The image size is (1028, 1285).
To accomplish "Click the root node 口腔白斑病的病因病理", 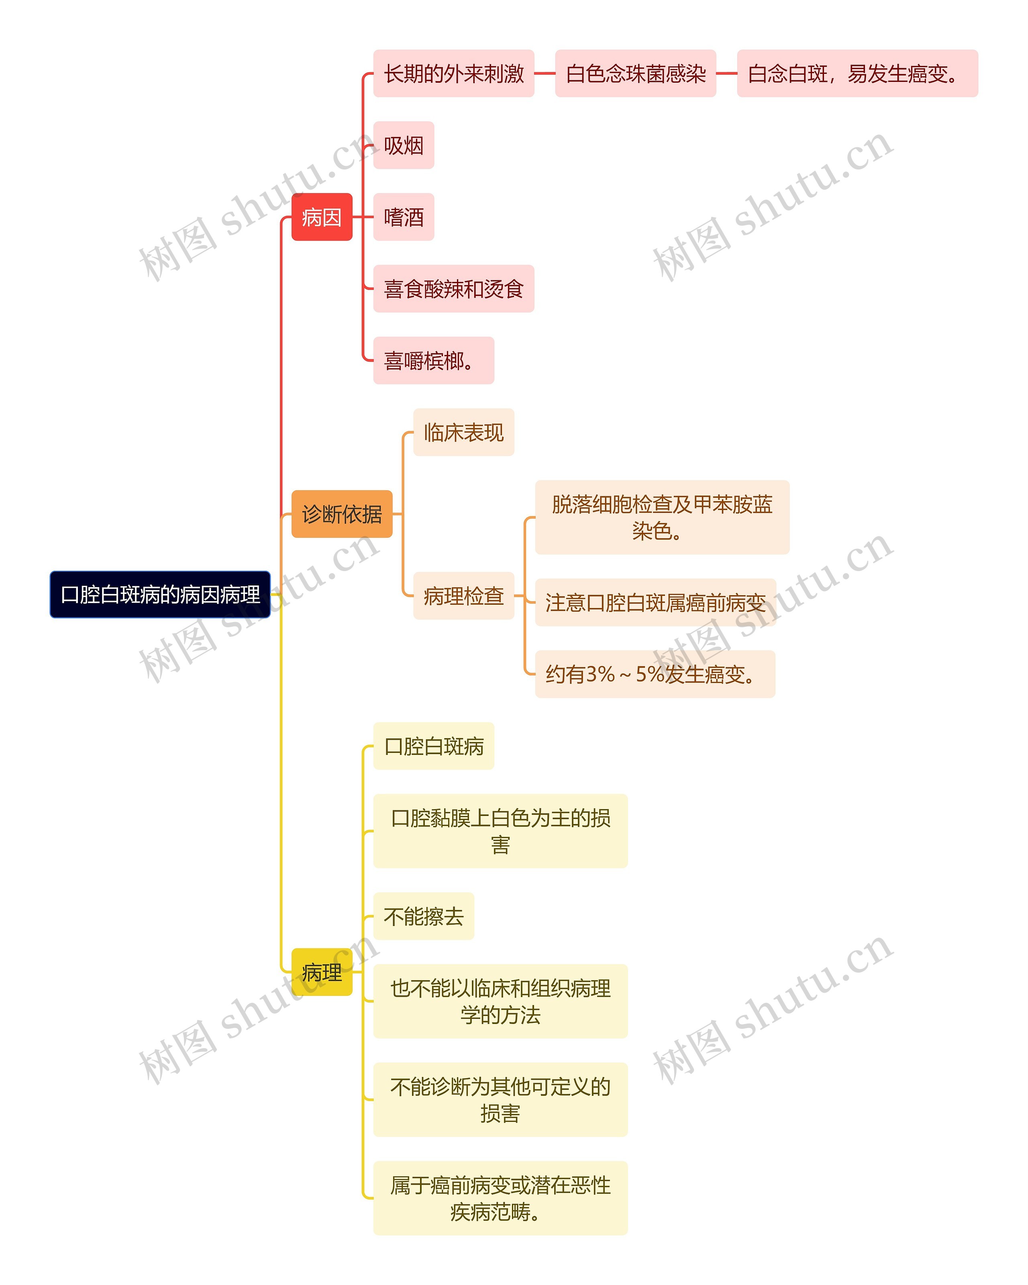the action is pyautogui.click(x=160, y=594).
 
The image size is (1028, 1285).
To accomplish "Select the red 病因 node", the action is pyautogui.click(x=321, y=217).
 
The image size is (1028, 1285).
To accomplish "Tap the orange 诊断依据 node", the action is pyautogui.click(x=341, y=514).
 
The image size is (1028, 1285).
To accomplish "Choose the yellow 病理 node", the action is pyautogui.click(x=321, y=972).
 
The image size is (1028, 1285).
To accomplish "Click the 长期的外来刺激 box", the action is pyautogui.click(x=453, y=73).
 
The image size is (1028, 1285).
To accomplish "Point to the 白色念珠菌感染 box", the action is pyautogui.click(x=635, y=73).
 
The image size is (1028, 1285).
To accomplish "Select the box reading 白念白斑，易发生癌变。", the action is pyautogui.click(x=857, y=73).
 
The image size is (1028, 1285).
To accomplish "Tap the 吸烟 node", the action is pyautogui.click(x=404, y=145).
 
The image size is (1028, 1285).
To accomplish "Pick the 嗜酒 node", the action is pyautogui.click(x=404, y=217).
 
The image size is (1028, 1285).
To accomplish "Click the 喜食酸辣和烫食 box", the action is pyautogui.click(x=453, y=288).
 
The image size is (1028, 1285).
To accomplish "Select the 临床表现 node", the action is pyautogui.click(x=464, y=432).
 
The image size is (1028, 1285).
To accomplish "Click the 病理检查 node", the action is pyautogui.click(x=464, y=596).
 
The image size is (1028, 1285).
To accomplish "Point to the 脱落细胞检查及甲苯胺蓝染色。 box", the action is pyautogui.click(x=661, y=517).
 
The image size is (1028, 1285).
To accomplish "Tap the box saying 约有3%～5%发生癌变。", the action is pyautogui.click(x=654, y=674).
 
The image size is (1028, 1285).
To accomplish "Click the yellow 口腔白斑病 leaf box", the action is pyautogui.click(x=433, y=746).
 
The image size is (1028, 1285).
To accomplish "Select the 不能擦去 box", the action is pyautogui.click(x=423, y=916).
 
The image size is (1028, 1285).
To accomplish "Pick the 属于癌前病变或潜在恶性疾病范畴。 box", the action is pyautogui.click(x=500, y=1198).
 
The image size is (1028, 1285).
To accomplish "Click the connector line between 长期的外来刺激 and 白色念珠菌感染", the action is pyautogui.click(x=545, y=73).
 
